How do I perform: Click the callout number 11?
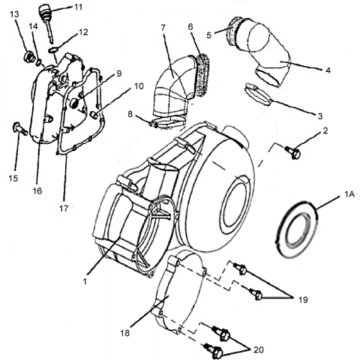tap(79, 7)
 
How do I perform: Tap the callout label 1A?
tap(349, 194)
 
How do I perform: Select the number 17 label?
tap(64, 208)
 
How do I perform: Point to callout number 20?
tap(259, 349)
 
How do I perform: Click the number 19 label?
tap(303, 299)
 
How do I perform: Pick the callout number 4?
tap(328, 70)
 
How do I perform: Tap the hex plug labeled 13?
tap(29, 57)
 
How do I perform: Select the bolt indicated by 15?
tap(19, 128)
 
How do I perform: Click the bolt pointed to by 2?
tap(293, 151)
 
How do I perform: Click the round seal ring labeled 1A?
tap(296, 229)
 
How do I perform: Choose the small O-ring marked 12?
tap(52, 50)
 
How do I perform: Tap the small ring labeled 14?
tap(39, 63)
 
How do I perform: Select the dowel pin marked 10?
tap(94, 115)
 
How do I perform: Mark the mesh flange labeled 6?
tap(202, 73)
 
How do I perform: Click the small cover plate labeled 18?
tap(179, 293)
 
